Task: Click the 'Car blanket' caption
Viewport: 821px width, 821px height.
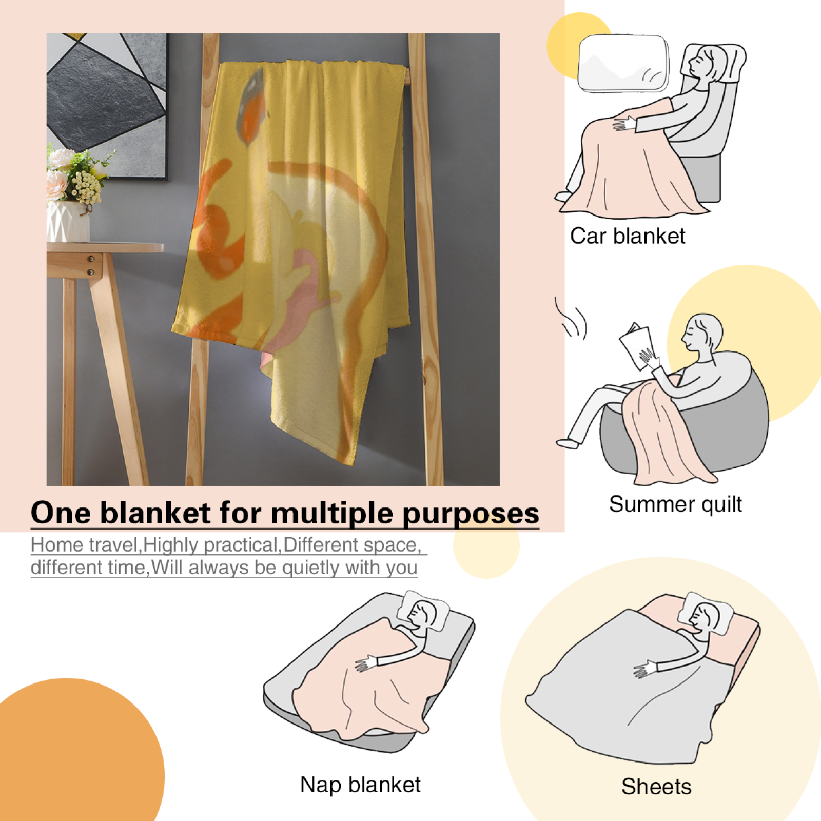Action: point(628,237)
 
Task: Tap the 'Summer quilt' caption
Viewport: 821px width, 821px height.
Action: point(675,504)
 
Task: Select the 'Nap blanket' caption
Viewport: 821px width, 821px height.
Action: point(360,785)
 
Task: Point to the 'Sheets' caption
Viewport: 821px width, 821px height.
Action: point(656,787)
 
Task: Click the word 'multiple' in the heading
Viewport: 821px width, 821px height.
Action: point(333,513)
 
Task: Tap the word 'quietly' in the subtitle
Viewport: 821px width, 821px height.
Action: point(310,568)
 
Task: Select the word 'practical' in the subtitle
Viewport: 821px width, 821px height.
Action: point(241,545)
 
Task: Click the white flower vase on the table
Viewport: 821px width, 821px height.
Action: point(68,222)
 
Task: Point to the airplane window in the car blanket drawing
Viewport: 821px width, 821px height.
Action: point(623,63)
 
